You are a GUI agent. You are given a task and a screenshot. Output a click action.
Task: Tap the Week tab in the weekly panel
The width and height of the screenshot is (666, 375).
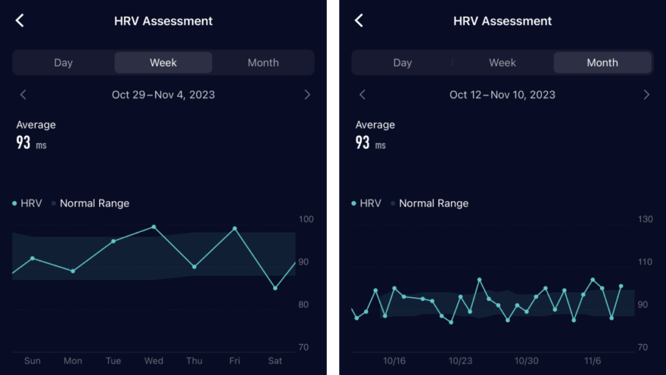click(x=163, y=63)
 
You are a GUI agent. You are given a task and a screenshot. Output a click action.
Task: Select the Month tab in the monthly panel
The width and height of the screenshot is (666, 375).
click(x=602, y=63)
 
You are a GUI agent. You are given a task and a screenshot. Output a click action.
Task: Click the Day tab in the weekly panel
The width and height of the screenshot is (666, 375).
click(x=63, y=63)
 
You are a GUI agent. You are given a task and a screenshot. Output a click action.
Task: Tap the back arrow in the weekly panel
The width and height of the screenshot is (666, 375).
click(x=20, y=21)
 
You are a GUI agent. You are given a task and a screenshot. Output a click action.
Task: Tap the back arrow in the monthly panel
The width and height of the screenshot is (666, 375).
click(x=359, y=21)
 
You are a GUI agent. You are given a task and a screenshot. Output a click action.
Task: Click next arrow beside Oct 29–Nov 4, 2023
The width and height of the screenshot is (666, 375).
click(x=307, y=95)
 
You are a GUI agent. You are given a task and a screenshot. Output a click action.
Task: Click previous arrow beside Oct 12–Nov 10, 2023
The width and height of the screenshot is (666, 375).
click(x=362, y=95)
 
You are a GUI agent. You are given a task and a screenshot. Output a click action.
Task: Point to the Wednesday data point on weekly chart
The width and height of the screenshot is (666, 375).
click(x=154, y=227)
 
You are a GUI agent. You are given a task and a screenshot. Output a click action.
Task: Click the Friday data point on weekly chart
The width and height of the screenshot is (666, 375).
click(x=235, y=228)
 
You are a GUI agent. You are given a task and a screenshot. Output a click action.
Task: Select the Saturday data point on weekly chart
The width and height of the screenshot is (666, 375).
click(x=275, y=288)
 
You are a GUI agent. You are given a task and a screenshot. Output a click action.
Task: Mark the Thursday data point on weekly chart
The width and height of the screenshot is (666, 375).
click(x=195, y=267)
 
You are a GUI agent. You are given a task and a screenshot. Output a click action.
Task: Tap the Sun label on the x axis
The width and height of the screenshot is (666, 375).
click(x=33, y=361)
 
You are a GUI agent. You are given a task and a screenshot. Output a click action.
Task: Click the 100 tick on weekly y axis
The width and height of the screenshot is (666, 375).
click(x=306, y=219)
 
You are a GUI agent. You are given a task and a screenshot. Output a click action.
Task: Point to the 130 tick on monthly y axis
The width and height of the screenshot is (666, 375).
click(x=645, y=219)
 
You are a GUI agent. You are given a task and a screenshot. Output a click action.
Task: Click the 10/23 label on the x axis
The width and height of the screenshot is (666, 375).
click(x=460, y=361)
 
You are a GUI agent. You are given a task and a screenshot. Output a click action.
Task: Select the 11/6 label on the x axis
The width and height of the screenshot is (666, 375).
click(x=593, y=361)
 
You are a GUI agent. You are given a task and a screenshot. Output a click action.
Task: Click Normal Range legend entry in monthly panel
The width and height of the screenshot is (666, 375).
click(x=433, y=203)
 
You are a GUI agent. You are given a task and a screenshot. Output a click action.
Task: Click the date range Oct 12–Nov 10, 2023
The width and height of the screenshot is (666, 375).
click(x=503, y=95)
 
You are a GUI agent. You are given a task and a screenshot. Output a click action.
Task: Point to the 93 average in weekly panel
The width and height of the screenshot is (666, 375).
click(x=23, y=142)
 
